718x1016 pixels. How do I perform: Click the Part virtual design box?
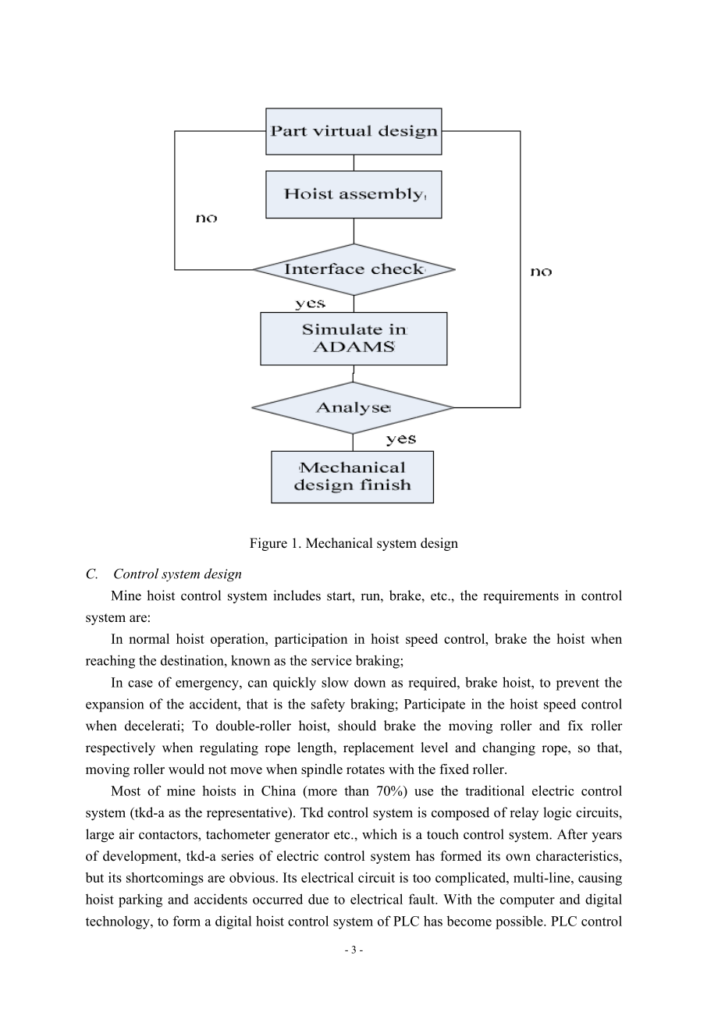coord(354,132)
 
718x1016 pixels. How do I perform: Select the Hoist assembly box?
coord(354,194)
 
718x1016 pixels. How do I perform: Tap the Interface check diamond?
coord(354,270)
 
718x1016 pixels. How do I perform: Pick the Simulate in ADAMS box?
coord(354,339)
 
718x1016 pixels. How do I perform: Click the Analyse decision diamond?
coord(353,408)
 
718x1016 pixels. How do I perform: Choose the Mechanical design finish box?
coord(353,477)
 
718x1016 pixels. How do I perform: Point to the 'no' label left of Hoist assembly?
coord(206,218)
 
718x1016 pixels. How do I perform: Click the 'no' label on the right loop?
coord(541,272)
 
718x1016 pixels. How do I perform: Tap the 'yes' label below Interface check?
coord(311,304)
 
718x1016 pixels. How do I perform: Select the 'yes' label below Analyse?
coord(401,439)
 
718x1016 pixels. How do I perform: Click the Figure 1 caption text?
coord(354,543)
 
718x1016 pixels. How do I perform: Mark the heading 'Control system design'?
coord(177,574)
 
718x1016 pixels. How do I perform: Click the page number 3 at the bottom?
coord(354,950)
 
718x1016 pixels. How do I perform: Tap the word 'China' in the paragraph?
coord(278,791)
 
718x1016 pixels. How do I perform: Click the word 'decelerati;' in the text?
coord(154,726)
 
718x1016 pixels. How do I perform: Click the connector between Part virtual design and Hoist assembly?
coord(354,163)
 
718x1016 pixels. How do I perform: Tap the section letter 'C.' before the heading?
coord(91,574)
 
